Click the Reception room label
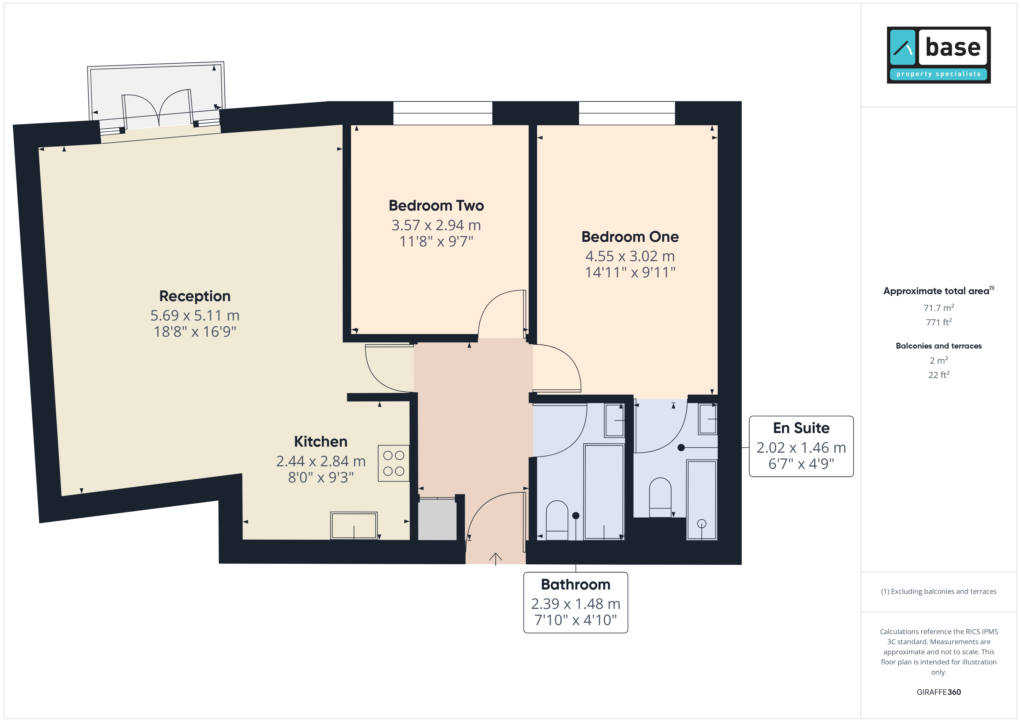tap(195, 296)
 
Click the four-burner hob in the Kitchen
tap(394, 463)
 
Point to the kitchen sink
tap(354, 526)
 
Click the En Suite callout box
tap(801, 446)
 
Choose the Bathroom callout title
tap(576, 584)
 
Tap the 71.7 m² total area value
tap(939, 308)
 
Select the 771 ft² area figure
tap(939, 322)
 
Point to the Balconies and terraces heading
tap(939, 346)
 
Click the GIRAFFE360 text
tap(939, 692)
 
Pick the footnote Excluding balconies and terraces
tap(939, 591)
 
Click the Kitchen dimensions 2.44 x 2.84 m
tap(321, 461)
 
